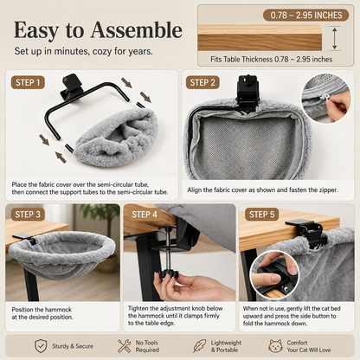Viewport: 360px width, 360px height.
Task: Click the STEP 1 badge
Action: tap(28, 82)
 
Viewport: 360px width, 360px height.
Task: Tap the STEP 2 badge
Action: tap(202, 82)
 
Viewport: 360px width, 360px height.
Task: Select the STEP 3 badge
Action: tap(28, 215)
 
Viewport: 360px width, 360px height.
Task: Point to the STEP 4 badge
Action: tap(145, 215)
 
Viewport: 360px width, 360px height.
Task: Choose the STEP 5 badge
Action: tap(261, 215)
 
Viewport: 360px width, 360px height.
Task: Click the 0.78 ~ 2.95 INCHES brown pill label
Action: tap(306, 15)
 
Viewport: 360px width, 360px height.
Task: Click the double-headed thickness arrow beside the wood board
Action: tap(335, 38)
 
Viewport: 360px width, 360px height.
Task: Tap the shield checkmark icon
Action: tap(41, 346)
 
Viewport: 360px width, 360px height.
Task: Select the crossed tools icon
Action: tap(124, 346)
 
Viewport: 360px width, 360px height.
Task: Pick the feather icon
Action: tap(199, 346)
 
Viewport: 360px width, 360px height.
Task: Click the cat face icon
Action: tap(275, 346)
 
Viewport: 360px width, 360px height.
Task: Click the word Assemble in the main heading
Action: tap(137, 30)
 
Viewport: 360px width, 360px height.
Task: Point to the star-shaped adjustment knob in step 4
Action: tap(168, 273)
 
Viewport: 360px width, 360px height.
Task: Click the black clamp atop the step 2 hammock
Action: tap(247, 93)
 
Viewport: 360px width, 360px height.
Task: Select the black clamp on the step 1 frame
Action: tap(70, 87)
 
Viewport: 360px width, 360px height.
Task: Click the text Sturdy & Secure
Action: tap(73, 346)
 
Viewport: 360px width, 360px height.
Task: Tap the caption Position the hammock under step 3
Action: tap(42, 310)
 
